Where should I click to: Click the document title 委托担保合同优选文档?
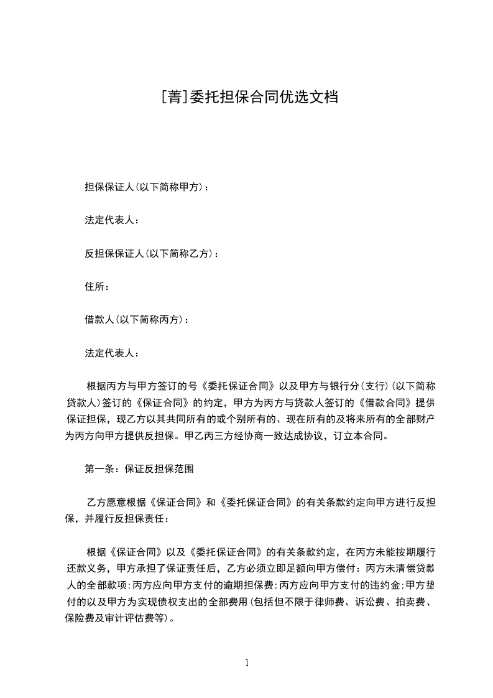(x=261, y=96)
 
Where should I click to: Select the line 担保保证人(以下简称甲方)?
(x=147, y=187)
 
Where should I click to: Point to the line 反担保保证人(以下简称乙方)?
(x=151, y=253)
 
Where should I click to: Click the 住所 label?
(x=97, y=287)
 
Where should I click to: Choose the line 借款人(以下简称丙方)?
(x=137, y=320)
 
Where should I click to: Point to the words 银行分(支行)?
(x=348, y=386)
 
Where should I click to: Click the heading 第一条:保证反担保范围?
(x=139, y=469)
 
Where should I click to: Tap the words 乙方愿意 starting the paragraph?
(x=108, y=502)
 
